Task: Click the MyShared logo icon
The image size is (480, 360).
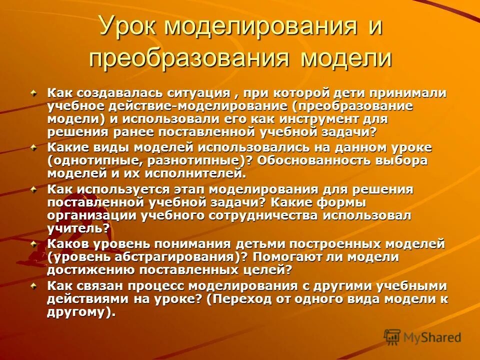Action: point(392,337)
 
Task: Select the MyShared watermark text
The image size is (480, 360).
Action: point(432,338)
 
